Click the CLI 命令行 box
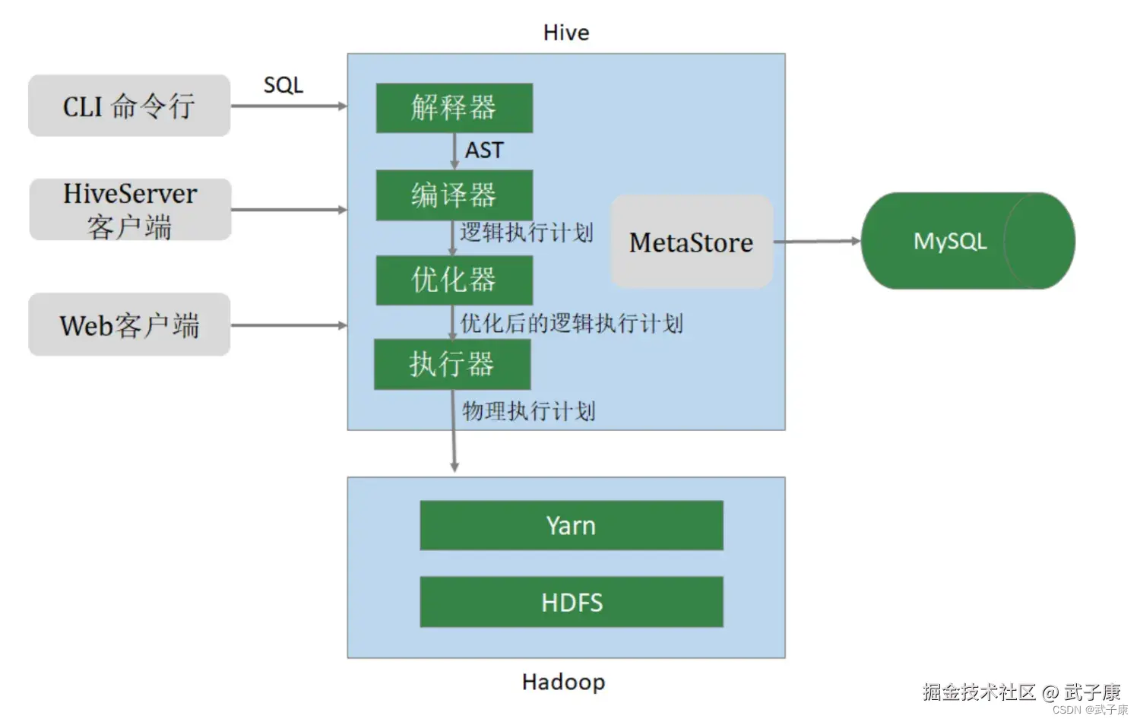129,106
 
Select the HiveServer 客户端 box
130,209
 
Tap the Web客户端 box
129,324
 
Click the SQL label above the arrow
283,85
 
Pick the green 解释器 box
454,108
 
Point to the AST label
484,150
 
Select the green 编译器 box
454,195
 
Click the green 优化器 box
454,280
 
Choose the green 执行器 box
452,364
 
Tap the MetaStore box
692,242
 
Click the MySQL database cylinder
968,241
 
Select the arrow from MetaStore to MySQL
817,241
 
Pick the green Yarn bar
572,525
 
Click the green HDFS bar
572,602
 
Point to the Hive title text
566,33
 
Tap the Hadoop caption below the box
564,682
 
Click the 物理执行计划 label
529,411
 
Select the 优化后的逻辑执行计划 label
572,324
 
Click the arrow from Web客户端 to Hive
289,325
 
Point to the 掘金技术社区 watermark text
979,692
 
